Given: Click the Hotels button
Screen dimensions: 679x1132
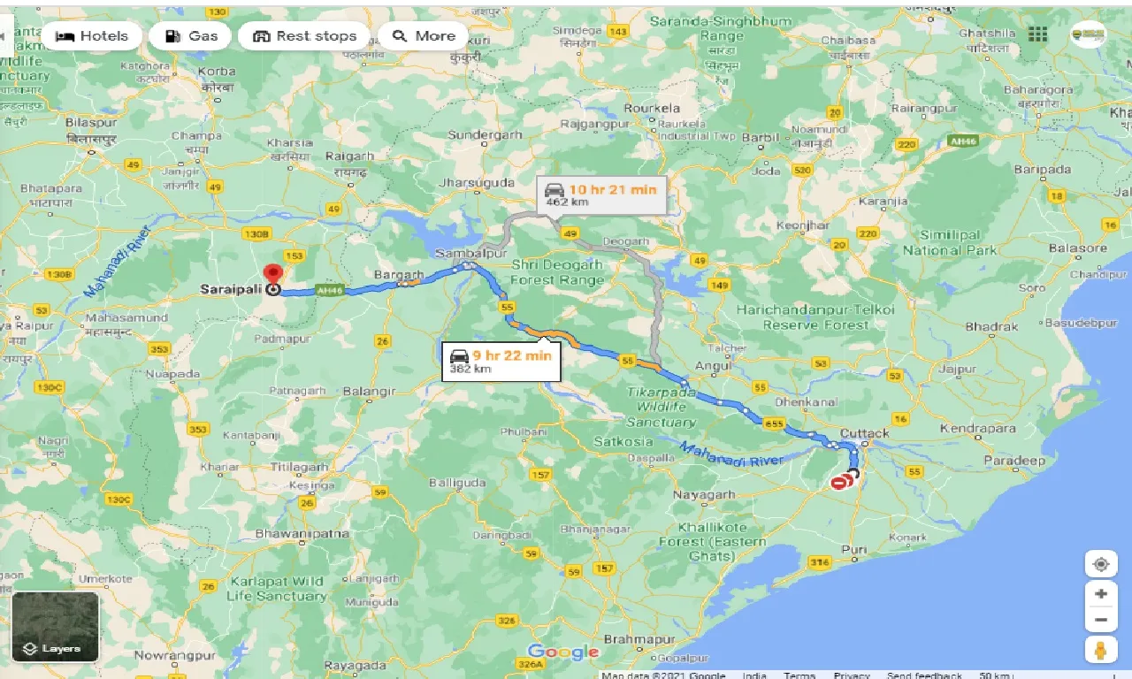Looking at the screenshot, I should click(x=91, y=36).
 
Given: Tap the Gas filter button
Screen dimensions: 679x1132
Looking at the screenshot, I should click(x=190, y=36).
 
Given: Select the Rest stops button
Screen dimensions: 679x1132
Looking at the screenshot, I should click(x=304, y=36).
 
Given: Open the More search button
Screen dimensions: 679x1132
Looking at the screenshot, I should click(x=424, y=36).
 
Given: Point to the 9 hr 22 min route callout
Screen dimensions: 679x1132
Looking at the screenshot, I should click(x=501, y=361).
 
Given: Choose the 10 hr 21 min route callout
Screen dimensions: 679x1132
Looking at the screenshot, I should click(x=600, y=195).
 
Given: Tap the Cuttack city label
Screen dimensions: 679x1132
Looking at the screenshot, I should click(x=865, y=433).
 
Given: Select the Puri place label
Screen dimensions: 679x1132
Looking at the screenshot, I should click(x=854, y=549).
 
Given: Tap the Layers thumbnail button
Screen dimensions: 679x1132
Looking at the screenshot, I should click(x=55, y=627).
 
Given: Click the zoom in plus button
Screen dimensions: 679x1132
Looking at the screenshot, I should click(x=1100, y=594).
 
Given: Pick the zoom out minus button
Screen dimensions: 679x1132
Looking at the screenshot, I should click(x=1100, y=621).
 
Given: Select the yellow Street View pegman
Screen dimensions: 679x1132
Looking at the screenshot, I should click(x=1100, y=650).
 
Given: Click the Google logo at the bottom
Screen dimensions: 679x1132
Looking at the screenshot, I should click(x=563, y=652).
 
